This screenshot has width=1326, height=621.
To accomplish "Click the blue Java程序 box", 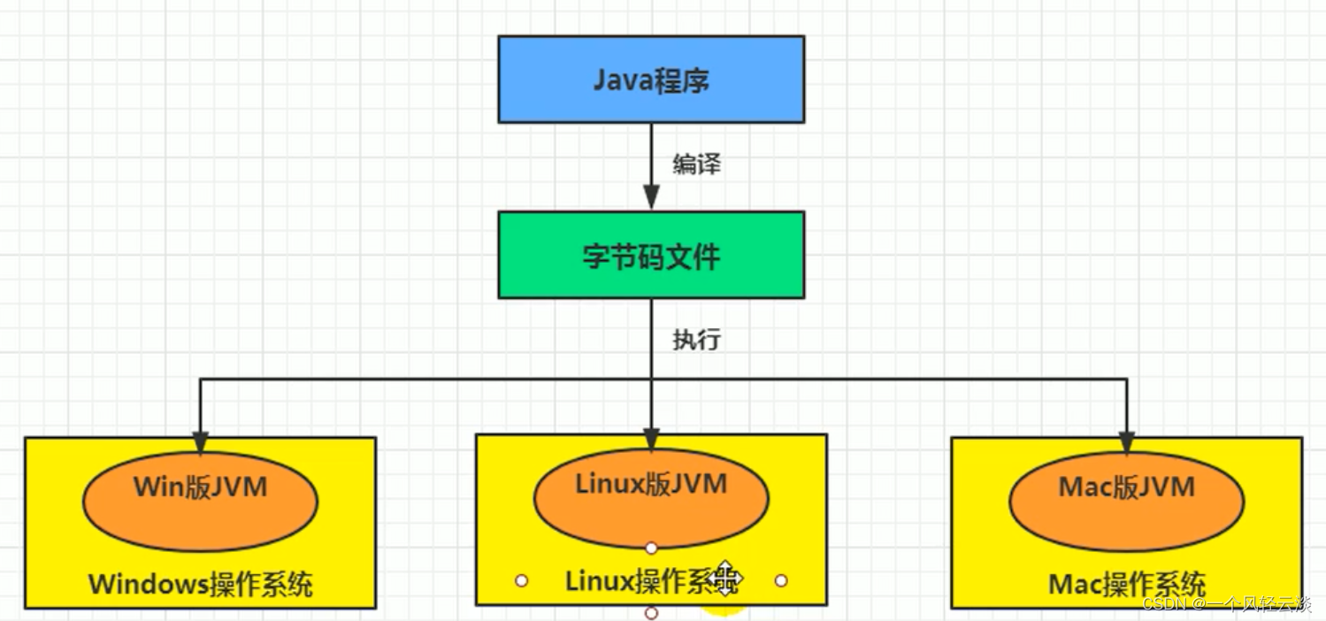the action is pyautogui.click(x=651, y=80).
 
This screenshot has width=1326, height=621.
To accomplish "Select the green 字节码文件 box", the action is pyautogui.click(x=651, y=255).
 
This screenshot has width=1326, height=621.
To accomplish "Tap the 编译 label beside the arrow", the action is pyautogui.click(x=697, y=164).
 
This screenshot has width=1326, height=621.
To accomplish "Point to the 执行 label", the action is pyautogui.click(x=697, y=339).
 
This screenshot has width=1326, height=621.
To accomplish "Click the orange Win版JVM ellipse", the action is pyautogui.click(x=200, y=502).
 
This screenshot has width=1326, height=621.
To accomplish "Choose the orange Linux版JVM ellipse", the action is pyautogui.click(x=651, y=498).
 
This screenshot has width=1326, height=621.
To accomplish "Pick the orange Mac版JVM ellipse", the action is pyautogui.click(x=1126, y=502).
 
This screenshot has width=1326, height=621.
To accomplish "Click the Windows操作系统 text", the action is pyautogui.click(x=201, y=585).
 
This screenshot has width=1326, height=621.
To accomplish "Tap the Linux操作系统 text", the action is pyautogui.click(x=652, y=580).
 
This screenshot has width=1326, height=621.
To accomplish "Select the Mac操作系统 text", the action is pyautogui.click(x=1127, y=585).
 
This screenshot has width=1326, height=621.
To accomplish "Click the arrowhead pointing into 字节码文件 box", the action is pyautogui.click(x=651, y=197).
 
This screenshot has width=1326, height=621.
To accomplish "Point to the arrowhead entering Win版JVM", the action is pyautogui.click(x=200, y=443).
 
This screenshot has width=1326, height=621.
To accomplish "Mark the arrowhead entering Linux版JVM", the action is pyautogui.click(x=651, y=440).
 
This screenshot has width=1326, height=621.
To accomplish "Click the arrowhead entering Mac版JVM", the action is pyautogui.click(x=1126, y=443).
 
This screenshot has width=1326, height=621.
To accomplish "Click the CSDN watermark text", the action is pyautogui.click(x=1227, y=604).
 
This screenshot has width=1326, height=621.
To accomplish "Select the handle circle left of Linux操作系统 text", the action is pyautogui.click(x=522, y=580).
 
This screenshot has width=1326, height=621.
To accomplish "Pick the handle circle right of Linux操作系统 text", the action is pyautogui.click(x=781, y=580).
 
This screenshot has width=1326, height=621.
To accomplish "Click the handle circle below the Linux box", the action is pyautogui.click(x=651, y=613).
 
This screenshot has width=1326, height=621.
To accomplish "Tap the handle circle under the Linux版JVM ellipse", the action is pyautogui.click(x=651, y=548).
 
